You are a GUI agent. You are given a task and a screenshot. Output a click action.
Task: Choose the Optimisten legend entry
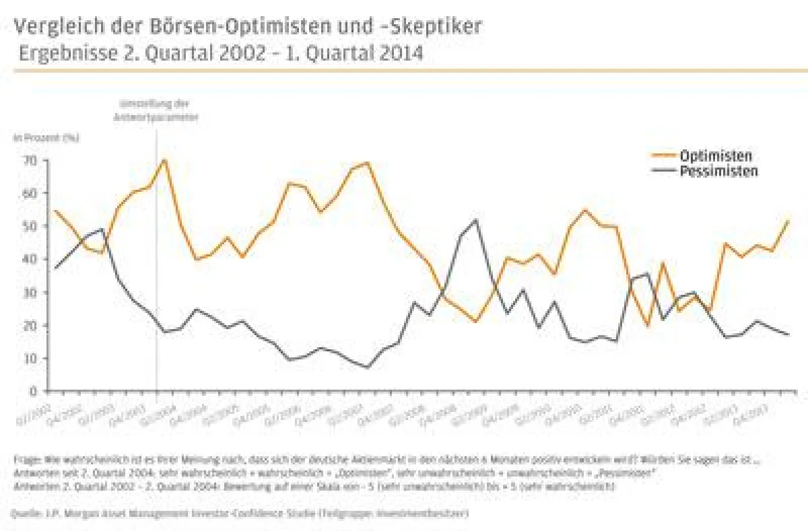pos(714,155)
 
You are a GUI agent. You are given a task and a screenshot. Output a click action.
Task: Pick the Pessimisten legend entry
pos(718,171)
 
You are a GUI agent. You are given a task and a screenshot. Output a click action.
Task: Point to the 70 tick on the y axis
pos(29,160)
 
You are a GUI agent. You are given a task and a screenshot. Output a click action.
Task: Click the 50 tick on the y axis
pos(29,226)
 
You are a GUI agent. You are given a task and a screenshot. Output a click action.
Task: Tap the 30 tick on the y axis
pos(29,292)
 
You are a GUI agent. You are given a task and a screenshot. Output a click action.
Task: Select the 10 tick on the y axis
pos(29,358)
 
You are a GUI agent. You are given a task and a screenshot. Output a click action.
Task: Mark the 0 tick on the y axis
pos(32,391)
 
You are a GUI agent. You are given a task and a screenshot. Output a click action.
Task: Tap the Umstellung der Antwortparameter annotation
pos(157,110)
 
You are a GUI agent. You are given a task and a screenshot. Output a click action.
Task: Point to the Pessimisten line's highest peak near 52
pos(476,219)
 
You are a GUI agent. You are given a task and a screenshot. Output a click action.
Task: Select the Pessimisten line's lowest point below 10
pos(367,367)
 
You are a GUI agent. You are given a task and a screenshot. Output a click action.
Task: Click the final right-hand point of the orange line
pos(788,220)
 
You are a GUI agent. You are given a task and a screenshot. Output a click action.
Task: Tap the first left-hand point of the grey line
pos(55,269)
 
